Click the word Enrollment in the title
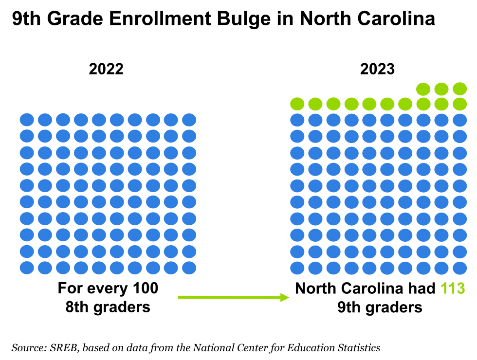tap(160, 19)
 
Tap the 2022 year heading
tap(106, 69)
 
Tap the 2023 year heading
tap(377, 69)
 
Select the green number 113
tap(453, 288)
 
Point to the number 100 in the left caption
tap(146, 288)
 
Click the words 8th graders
tap(108, 307)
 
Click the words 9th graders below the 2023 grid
tap(380, 307)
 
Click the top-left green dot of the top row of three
tap(423, 89)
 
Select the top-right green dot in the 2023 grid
tap(459, 89)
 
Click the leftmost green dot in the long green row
tap(297, 104)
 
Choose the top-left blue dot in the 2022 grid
tap(27, 120)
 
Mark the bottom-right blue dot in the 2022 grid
tap(189, 268)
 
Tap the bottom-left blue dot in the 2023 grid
tap(297, 268)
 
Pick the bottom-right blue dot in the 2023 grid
tap(459, 268)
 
